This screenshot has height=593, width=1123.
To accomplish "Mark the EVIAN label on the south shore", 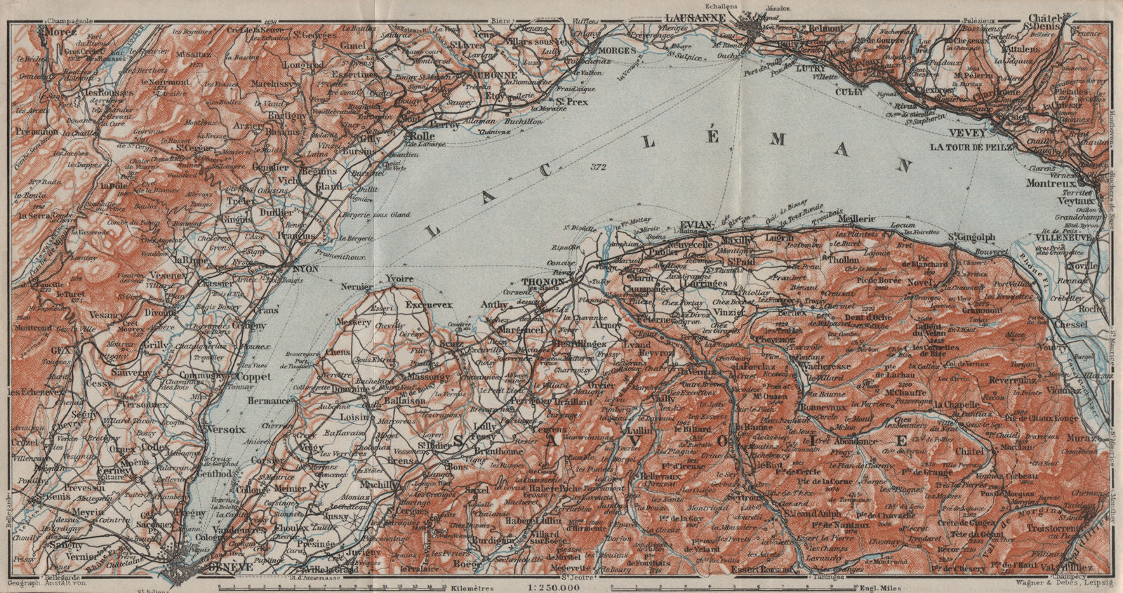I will tap(696, 225).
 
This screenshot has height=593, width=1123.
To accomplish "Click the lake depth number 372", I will tap(597, 167).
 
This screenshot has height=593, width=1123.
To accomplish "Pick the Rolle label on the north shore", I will tap(422, 135).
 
